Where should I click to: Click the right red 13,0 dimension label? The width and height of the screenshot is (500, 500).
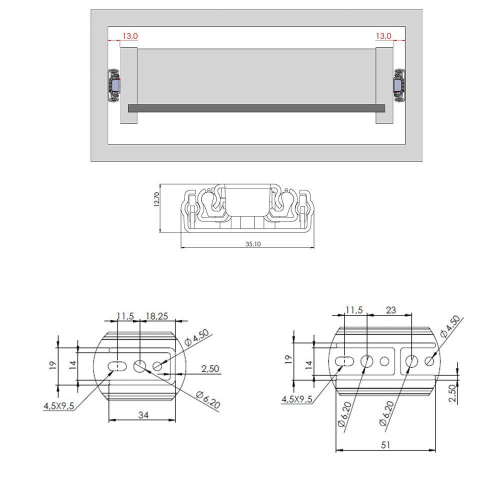(383, 36)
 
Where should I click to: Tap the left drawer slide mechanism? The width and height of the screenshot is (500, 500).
(114, 86)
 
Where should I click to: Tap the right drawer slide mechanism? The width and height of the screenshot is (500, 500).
(400, 86)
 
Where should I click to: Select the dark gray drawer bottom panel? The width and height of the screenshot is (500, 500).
(256, 108)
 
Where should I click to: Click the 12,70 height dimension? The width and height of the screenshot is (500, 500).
(157, 198)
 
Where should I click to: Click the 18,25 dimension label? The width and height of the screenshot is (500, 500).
(156, 316)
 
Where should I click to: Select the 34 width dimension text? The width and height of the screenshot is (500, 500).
(143, 414)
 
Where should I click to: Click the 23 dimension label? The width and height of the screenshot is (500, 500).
(390, 310)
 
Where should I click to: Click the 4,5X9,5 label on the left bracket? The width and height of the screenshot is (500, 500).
(59, 406)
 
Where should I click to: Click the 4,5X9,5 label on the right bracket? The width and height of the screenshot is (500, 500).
(297, 399)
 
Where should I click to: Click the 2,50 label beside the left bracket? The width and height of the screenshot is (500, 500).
(210, 369)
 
